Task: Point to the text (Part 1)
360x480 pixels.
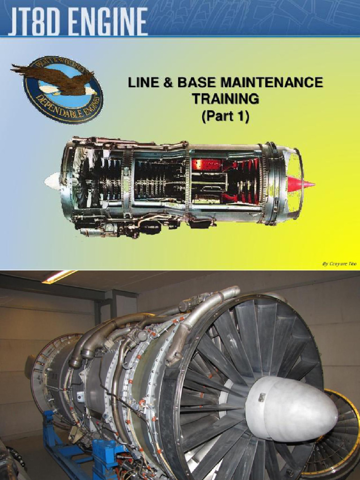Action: [225, 115]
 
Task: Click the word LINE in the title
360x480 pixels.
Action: [143, 83]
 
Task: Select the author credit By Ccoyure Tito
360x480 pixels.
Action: [338, 264]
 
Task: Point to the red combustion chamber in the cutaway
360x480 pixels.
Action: [206, 165]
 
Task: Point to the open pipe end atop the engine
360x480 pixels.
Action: [233, 292]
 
